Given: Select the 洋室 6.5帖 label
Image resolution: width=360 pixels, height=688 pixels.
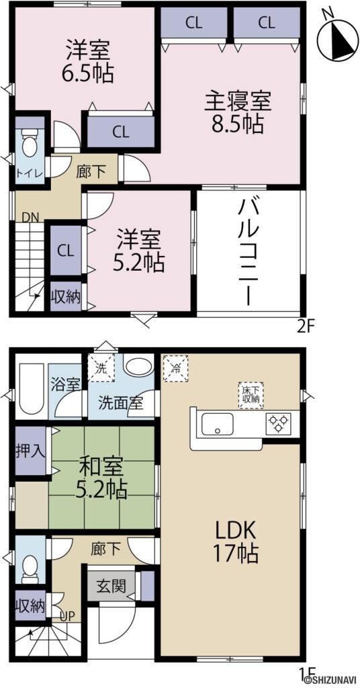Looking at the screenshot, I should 89,61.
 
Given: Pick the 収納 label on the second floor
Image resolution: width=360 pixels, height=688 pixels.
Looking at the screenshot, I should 66,296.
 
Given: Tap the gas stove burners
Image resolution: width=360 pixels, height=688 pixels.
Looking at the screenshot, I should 277,423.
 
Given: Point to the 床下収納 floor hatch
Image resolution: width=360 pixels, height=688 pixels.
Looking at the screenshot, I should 251,396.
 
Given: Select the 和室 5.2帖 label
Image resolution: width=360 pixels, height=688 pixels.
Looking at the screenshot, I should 103,478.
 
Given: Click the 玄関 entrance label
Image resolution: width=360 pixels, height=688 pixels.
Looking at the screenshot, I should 111,587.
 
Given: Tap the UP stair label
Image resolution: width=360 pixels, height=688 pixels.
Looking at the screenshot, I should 67,615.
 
